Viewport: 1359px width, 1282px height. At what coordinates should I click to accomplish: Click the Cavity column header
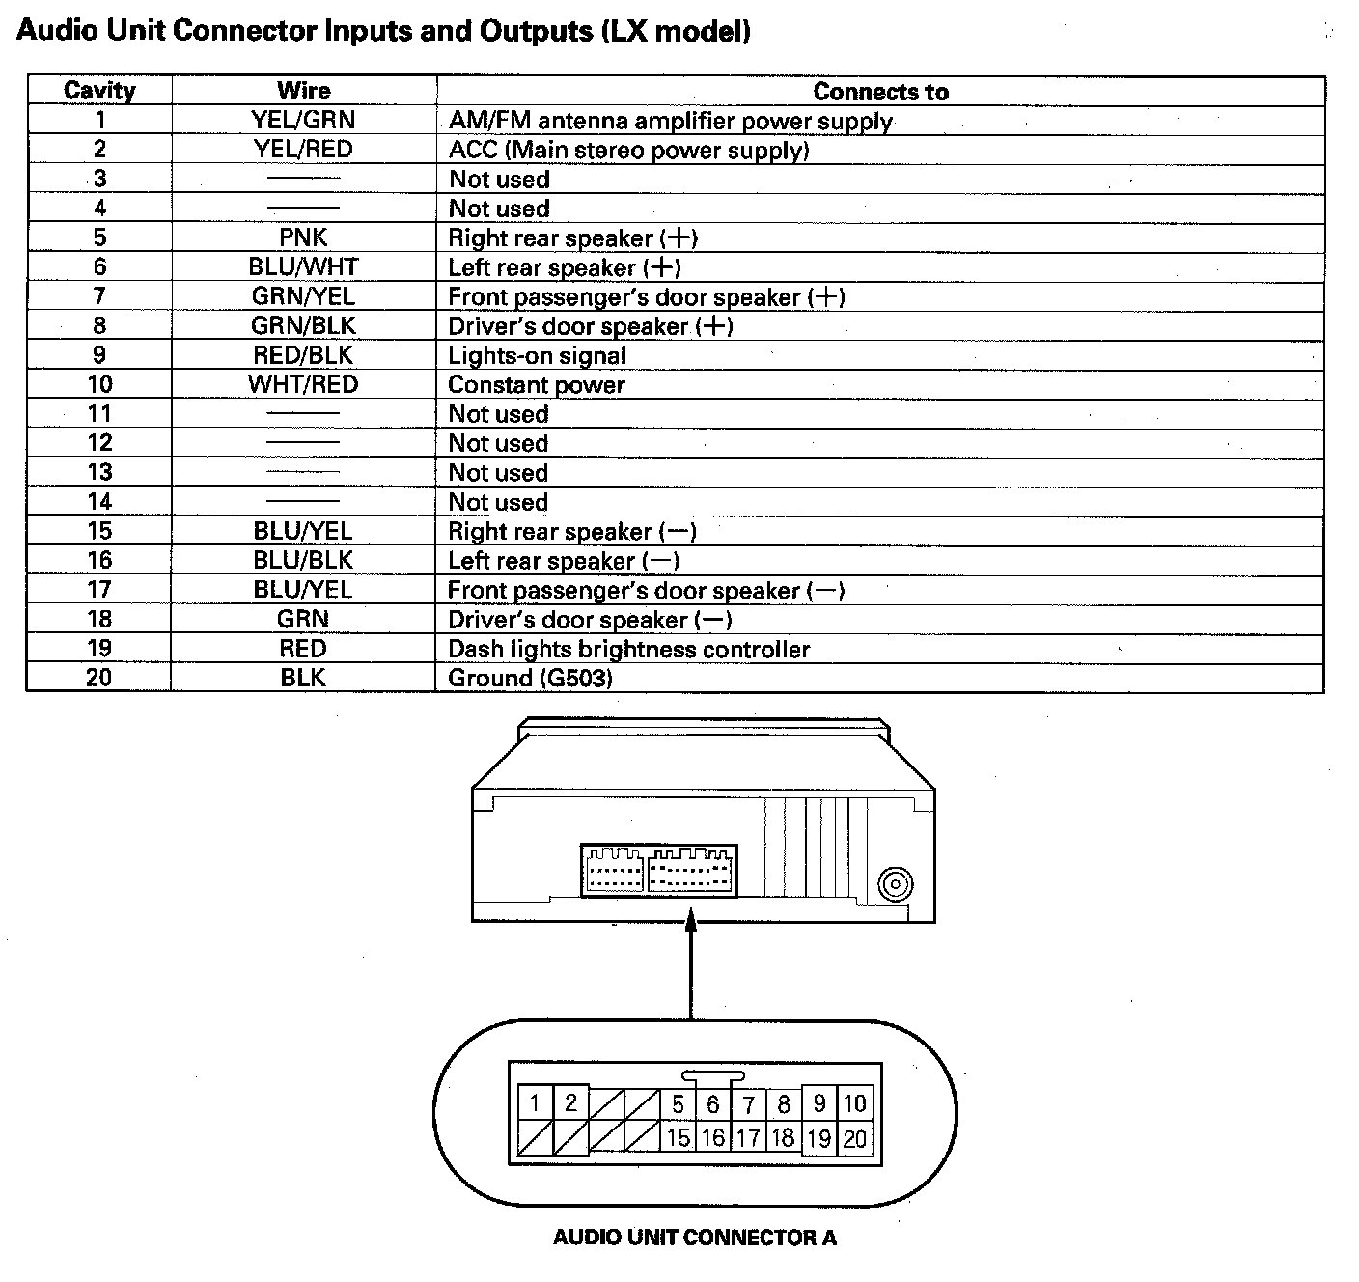pyautogui.click(x=99, y=91)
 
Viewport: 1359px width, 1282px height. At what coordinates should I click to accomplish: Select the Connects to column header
pyautogui.click(x=880, y=92)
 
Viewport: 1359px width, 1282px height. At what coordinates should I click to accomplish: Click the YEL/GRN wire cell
pyautogui.click(x=303, y=120)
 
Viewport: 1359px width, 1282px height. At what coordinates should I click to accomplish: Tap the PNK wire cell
pyautogui.click(x=303, y=237)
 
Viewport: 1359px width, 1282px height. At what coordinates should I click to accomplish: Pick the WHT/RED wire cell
pyautogui.click(x=303, y=384)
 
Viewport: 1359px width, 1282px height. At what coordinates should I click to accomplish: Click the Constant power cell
pyautogui.click(x=537, y=385)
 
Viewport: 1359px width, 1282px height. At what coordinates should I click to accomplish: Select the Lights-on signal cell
pyautogui.click(x=537, y=356)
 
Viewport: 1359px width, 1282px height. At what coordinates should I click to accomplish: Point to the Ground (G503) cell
pyautogui.click(x=530, y=678)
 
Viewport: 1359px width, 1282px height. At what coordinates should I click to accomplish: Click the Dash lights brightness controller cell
pyautogui.click(x=628, y=649)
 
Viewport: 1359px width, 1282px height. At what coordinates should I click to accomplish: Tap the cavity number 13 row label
pyautogui.click(x=99, y=472)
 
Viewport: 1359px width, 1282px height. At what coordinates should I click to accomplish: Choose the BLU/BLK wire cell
pyautogui.click(x=303, y=560)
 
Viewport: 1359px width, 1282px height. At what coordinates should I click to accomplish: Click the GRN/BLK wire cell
pyautogui.click(x=303, y=326)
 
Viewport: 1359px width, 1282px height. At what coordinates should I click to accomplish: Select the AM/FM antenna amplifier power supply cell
pyautogui.click(x=670, y=121)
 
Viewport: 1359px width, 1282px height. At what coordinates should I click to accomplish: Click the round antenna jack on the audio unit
pyautogui.click(x=895, y=884)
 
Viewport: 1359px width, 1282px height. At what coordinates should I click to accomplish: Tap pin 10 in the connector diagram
pyautogui.click(x=855, y=1103)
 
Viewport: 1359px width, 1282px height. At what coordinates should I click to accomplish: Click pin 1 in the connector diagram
pyautogui.click(x=535, y=1102)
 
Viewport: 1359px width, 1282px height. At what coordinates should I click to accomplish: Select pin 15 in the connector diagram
pyautogui.click(x=678, y=1138)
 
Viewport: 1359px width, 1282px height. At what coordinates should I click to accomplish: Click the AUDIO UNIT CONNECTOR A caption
pyautogui.click(x=694, y=1238)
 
